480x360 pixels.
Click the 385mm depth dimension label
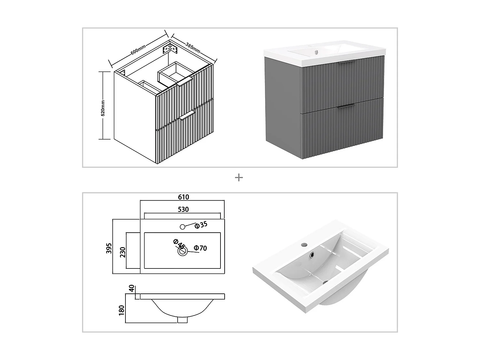(x=193, y=47)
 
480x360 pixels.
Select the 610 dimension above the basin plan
(x=183, y=197)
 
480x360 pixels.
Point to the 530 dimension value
(x=183, y=209)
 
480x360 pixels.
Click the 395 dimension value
(x=109, y=248)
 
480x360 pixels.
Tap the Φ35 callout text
(x=201, y=225)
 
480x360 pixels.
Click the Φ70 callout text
(x=201, y=248)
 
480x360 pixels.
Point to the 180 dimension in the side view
(x=121, y=310)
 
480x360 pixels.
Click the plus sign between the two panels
(x=239, y=178)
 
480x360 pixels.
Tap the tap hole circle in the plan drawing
(x=182, y=227)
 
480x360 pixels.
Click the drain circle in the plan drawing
(x=182, y=252)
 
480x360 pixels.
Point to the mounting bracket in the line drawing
(x=169, y=49)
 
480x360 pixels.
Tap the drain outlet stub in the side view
(x=182, y=320)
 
